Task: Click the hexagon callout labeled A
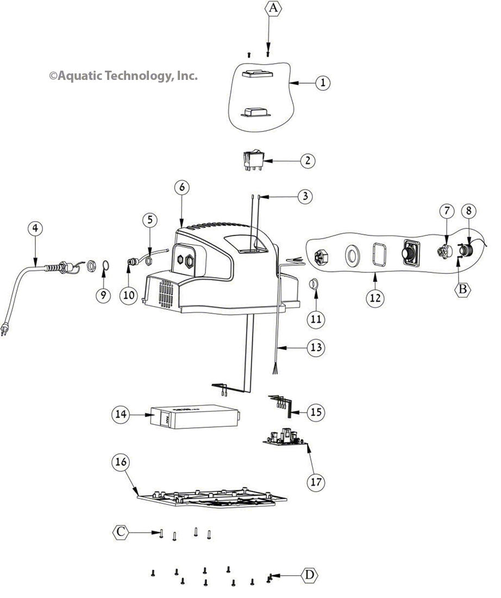click(x=273, y=10)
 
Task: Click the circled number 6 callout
click(x=182, y=186)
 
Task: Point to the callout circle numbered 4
click(x=35, y=229)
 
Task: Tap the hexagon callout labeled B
click(x=462, y=289)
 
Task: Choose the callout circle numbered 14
click(x=121, y=414)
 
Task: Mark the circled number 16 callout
click(x=121, y=463)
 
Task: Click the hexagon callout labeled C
click(x=122, y=532)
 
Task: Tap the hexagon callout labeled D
click(x=309, y=575)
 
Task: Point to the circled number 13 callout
click(x=315, y=347)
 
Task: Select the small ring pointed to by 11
click(x=314, y=283)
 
